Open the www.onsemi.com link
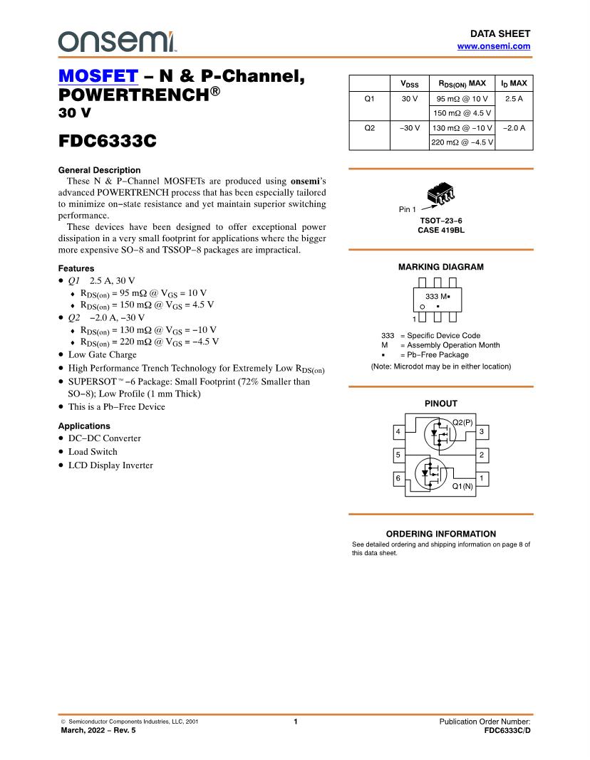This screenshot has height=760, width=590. click(493, 46)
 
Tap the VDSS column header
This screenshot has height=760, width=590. click(410, 84)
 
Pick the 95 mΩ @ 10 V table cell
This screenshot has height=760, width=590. click(462, 99)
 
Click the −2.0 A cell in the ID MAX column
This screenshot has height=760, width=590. click(513, 128)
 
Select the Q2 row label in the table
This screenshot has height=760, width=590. click(369, 128)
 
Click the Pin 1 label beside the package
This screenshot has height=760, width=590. click(407, 209)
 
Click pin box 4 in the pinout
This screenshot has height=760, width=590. click(398, 431)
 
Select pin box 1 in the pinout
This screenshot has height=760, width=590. click(482, 478)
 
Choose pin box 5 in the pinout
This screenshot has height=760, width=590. click(398, 455)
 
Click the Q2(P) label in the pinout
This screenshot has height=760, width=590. click(462, 422)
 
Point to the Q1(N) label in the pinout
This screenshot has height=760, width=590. click(462, 487)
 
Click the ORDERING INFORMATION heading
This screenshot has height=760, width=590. click(440, 534)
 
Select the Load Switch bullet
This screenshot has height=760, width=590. click(93, 452)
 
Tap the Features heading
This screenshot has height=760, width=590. click(76, 268)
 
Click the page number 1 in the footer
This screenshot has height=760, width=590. click(295, 722)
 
